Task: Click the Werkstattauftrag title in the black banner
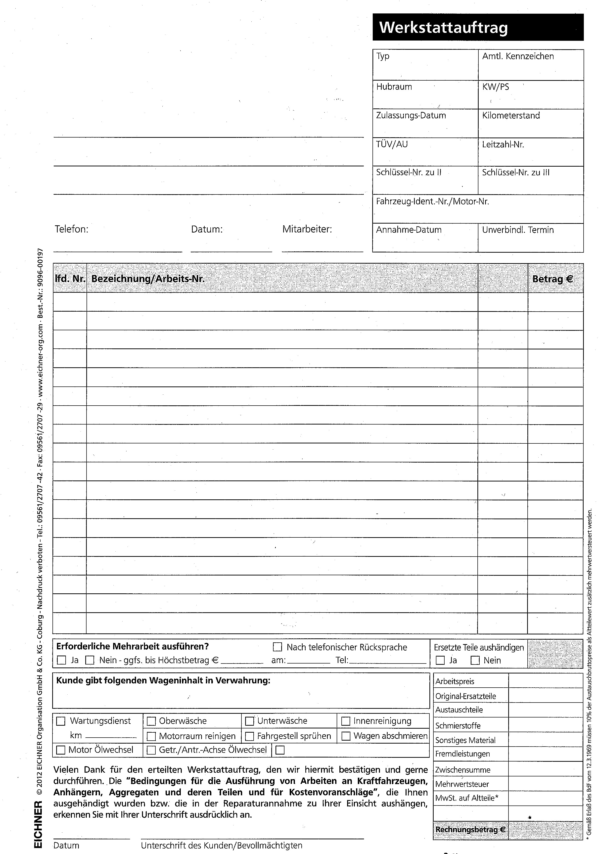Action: (x=443, y=28)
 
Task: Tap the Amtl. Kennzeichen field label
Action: (x=518, y=56)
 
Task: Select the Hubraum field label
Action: (x=394, y=87)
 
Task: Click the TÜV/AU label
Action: (x=392, y=144)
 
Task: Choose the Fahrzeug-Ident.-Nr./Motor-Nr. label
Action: (x=432, y=202)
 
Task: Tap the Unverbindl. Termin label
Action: (x=518, y=230)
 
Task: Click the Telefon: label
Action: (x=71, y=229)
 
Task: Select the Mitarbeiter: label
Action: (x=307, y=229)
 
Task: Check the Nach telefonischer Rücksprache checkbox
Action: (x=277, y=647)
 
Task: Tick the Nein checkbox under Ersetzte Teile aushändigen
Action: (x=475, y=660)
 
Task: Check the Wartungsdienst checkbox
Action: (x=60, y=721)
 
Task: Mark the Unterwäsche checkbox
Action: (x=249, y=721)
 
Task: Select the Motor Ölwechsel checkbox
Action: (x=60, y=750)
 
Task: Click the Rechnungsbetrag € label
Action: (x=470, y=829)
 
